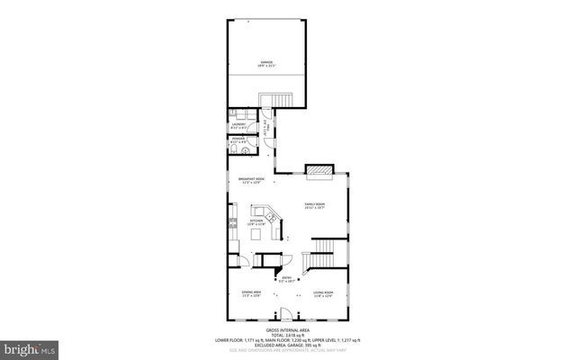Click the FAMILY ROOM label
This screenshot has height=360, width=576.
point(314,206)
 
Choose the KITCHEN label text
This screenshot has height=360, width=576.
point(256,221)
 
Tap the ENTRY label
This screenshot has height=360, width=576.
point(287,279)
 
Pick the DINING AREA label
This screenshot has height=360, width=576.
point(251,294)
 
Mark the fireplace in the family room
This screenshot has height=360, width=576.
point(319,169)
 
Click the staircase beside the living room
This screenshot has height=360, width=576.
point(324,247)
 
